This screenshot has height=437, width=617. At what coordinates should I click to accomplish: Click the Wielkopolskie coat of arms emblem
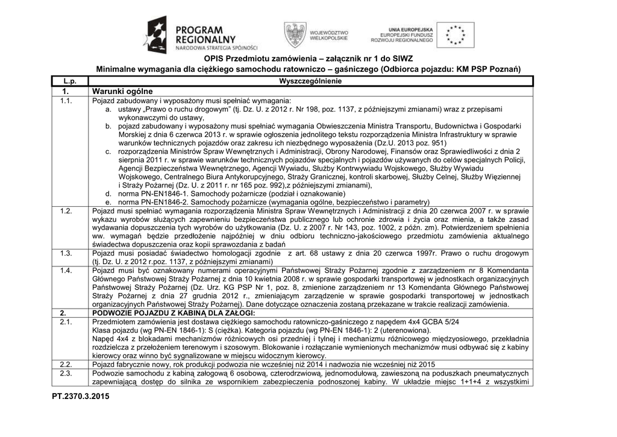pos(295,35)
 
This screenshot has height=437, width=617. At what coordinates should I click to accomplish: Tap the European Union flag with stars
pos(455,35)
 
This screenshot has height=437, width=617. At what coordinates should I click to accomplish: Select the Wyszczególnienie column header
pos(310,81)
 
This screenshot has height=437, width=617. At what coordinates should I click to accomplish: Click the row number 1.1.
pos(66,101)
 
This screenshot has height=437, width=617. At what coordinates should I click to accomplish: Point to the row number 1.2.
pos(66,212)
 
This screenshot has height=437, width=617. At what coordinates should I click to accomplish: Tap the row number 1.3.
pos(66,254)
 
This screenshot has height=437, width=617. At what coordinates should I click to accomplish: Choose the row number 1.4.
pos(66,271)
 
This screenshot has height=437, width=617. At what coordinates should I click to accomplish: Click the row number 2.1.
pos(66,322)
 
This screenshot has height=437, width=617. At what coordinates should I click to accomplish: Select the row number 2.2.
pos(66,365)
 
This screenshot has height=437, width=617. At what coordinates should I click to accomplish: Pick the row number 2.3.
pos(66,374)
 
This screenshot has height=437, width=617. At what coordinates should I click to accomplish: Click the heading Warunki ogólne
pos(122,91)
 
